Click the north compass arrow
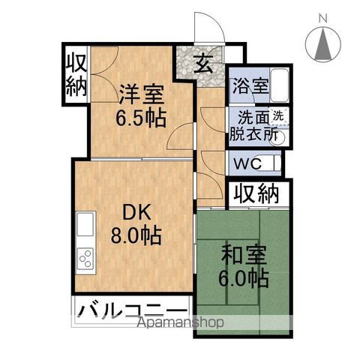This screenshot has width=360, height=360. pyautogui.click(x=323, y=46)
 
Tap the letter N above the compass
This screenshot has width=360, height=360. pyautogui.click(x=322, y=18)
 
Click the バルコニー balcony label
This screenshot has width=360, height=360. pyautogui.click(x=132, y=310)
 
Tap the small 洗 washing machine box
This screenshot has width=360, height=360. pyautogui.click(x=277, y=115)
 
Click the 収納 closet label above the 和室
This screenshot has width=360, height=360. pyautogui.click(x=254, y=194)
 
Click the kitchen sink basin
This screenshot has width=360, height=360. pyautogui.click(x=84, y=223)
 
